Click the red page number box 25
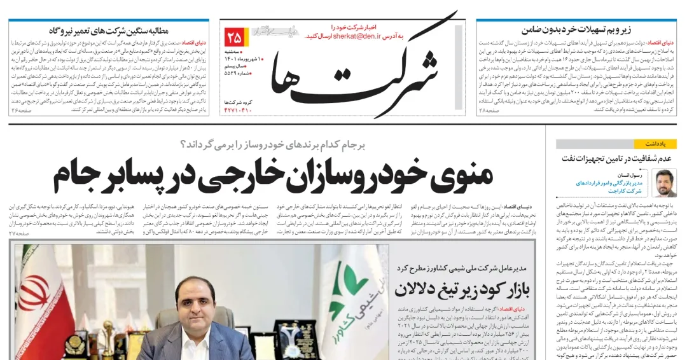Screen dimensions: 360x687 (x=233, y=36)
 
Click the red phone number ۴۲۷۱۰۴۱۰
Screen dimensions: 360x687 (x=237, y=110)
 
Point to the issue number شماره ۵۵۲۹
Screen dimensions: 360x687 (x=238, y=74)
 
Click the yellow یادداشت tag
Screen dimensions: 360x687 (x=661, y=144)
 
